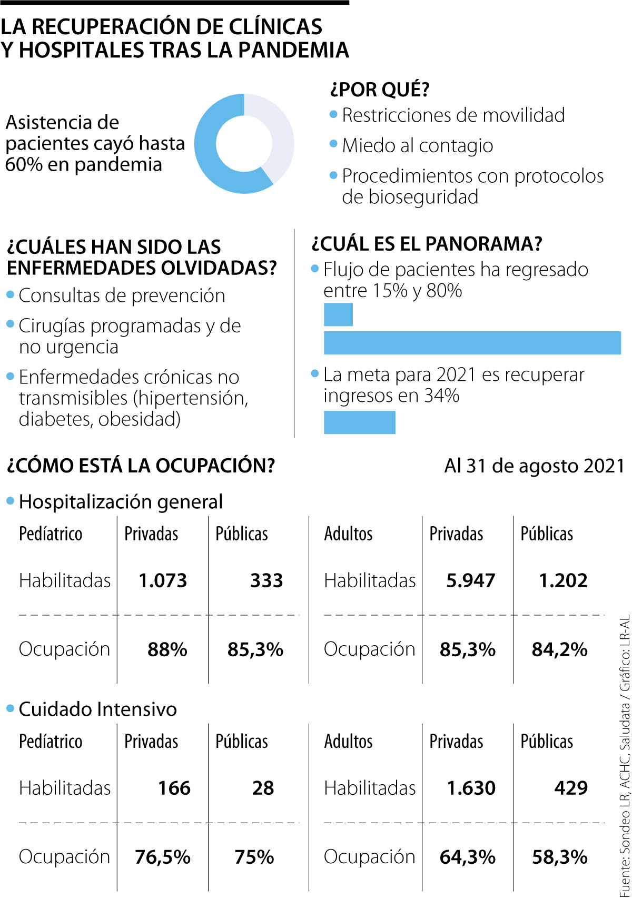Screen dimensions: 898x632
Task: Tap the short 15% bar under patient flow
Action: (338, 315)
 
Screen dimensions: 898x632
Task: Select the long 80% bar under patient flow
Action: (472, 343)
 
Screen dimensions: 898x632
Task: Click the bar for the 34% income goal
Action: (359, 422)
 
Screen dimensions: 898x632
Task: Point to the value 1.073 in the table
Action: (163, 580)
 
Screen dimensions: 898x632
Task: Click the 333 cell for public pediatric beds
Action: (266, 580)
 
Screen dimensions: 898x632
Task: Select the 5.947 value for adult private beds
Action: (470, 580)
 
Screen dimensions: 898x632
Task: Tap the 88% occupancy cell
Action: (167, 649)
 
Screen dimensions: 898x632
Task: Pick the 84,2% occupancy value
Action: (559, 649)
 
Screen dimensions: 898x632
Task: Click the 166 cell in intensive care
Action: (174, 788)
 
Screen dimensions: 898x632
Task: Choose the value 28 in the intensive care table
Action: (263, 788)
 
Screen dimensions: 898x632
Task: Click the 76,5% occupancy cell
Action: (163, 857)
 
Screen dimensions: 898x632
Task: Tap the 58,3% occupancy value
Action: (559, 857)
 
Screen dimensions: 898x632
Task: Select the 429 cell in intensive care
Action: (571, 788)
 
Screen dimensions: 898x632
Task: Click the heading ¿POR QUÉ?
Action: (380, 90)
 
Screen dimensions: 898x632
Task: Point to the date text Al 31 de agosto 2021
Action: (534, 466)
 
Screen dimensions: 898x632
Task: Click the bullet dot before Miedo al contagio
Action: (333, 144)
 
